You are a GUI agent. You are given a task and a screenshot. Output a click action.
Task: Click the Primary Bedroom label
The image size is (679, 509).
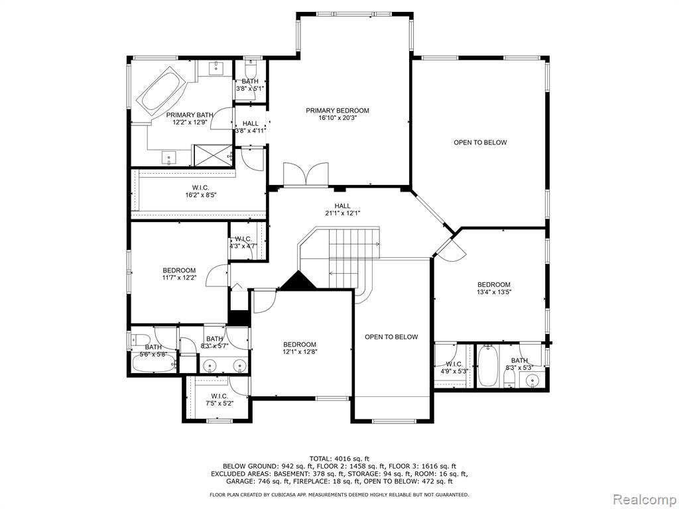click(338, 114)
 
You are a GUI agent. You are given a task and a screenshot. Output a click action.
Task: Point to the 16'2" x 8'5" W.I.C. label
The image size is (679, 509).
click(200, 191)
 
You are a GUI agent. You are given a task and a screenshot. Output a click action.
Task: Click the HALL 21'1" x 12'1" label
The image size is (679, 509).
click(342, 209)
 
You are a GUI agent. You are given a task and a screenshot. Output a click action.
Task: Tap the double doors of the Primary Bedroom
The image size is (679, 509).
click(306, 174)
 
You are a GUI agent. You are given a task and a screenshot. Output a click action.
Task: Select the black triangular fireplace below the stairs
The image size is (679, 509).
click(298, 280)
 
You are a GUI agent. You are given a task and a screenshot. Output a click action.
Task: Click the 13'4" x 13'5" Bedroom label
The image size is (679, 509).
click(493, 288)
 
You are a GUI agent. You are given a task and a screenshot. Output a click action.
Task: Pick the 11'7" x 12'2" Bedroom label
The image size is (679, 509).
click(179, 274)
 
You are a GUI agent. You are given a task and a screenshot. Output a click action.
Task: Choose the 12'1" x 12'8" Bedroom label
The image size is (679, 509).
click(300, 348)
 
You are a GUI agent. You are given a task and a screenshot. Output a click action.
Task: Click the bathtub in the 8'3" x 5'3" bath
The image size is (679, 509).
click(488, 365)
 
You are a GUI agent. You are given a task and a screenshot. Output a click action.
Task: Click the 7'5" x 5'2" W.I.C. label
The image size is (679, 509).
click(219, 400)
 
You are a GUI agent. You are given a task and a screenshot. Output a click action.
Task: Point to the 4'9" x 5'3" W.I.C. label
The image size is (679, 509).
click(454, 367)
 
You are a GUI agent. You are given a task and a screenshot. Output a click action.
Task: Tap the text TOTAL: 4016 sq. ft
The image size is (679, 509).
click(339, 459)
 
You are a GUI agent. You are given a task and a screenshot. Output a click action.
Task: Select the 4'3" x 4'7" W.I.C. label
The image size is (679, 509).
click(243, 243)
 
